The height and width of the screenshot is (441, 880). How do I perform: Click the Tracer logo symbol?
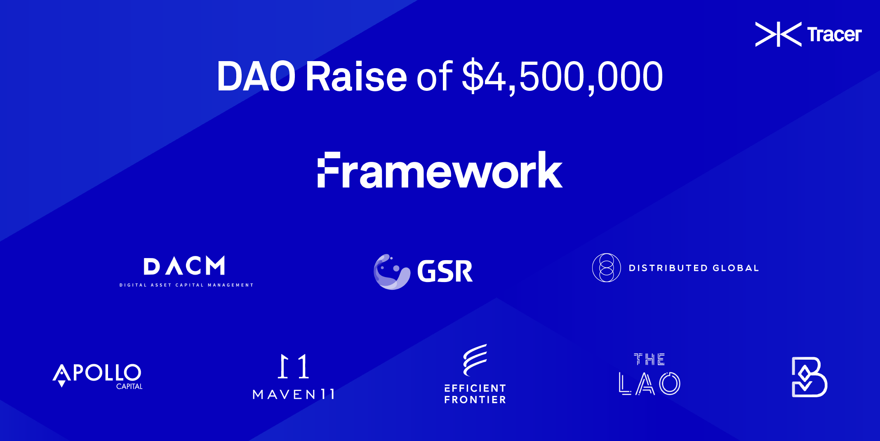tap(778, 34)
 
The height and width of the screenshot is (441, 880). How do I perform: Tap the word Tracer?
tap(834, 35)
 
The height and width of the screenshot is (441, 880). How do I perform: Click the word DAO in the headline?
tap(256, 76)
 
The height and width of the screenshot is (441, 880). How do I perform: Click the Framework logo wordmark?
tap(440, 170)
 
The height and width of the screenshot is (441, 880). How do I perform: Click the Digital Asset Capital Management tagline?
tap(186, 285)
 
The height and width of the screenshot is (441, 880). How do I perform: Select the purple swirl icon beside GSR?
tap(391, 271)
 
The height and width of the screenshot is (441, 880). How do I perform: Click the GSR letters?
tap(445, 271)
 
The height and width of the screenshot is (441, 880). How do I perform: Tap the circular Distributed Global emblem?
tap(606, 268)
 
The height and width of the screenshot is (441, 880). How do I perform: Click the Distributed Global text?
tap(694, 268)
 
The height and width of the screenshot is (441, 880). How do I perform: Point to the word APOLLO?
tap(97, 373)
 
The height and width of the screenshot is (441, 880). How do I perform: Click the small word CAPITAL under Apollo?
tap(129, 386)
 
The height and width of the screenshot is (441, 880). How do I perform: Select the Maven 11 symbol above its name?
tap(293, 366)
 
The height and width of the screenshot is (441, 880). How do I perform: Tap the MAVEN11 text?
tap(294, 394)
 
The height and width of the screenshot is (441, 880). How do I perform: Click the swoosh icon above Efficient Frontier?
tap(475, 360)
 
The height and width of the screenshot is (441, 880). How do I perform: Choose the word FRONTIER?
tap(475, 400)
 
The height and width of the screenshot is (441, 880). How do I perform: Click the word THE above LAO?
tap(649, 359)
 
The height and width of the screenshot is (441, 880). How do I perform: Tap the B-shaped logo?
tap(809, 377)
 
